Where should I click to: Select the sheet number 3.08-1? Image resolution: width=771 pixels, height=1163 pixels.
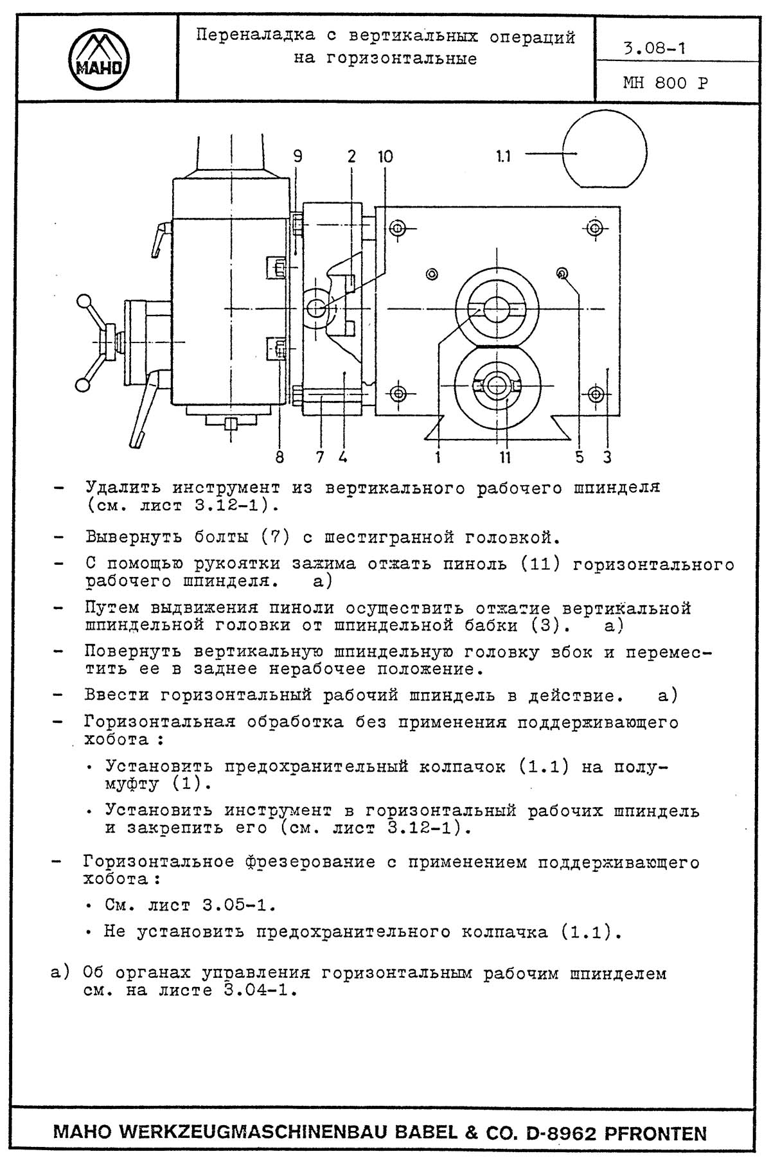pos(654,49)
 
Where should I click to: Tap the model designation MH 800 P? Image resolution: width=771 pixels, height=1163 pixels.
pos(665,84)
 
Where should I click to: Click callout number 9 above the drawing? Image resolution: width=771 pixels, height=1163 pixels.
pos(297,156)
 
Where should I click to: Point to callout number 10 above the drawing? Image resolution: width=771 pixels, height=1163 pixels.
pos(385,156)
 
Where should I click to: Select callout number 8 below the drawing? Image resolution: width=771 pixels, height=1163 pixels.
pos(279,457)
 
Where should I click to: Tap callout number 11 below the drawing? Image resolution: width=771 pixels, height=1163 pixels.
pos(505,457)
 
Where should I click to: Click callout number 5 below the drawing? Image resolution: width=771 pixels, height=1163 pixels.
pos(580,457)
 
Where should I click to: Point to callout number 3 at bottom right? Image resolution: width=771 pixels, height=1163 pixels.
pos(607,457)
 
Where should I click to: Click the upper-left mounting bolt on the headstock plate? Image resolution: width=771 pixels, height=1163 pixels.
pos(397,229)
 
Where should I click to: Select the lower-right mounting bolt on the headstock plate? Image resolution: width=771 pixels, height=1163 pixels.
pos(596,393)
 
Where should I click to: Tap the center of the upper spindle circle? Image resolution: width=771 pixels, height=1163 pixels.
pos(496,308)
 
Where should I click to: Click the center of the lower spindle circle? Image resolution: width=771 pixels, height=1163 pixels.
pos(496,386)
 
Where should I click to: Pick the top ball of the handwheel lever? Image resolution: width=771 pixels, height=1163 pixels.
pos(83,301)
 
